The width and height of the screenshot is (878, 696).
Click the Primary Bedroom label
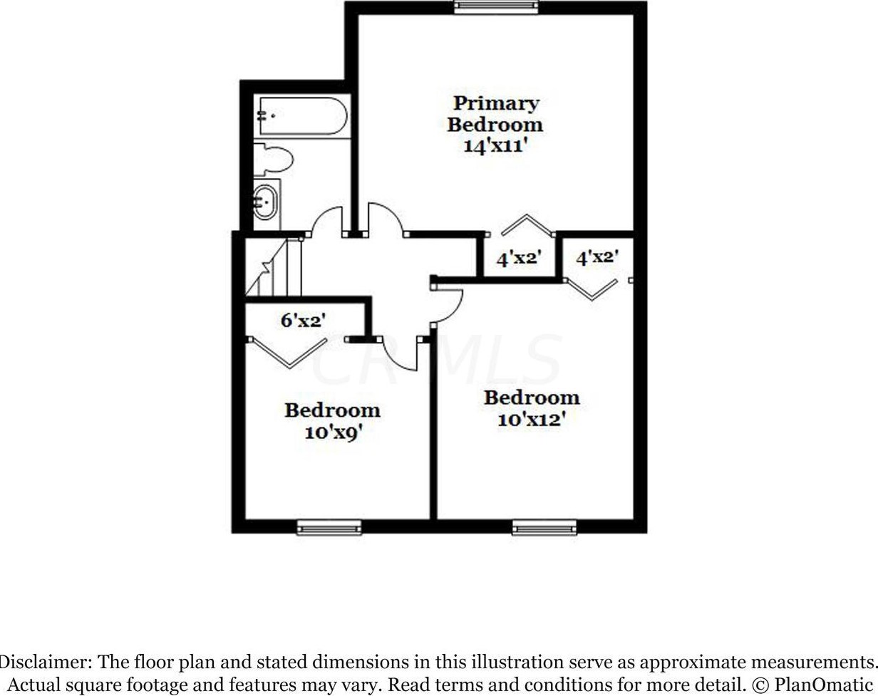tap(495, 114)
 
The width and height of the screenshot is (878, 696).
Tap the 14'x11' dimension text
tap(495, 147)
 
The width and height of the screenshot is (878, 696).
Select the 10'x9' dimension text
tap(331, 432)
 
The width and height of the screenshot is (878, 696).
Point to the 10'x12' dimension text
tap(531, 420)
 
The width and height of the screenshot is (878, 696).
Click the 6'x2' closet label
tap(303, 321)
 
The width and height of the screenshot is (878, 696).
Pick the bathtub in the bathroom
tap(302, 116)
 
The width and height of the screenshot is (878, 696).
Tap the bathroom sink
tap(266, 202)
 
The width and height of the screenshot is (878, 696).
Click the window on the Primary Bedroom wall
tap(497, 7)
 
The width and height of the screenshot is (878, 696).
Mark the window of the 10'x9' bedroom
tap(329, 527)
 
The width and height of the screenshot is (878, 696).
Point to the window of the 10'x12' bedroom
tap(544, 527)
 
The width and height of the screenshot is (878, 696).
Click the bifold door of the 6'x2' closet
tap(287, 353)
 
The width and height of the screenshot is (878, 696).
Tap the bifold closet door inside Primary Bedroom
tap(526, 224)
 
